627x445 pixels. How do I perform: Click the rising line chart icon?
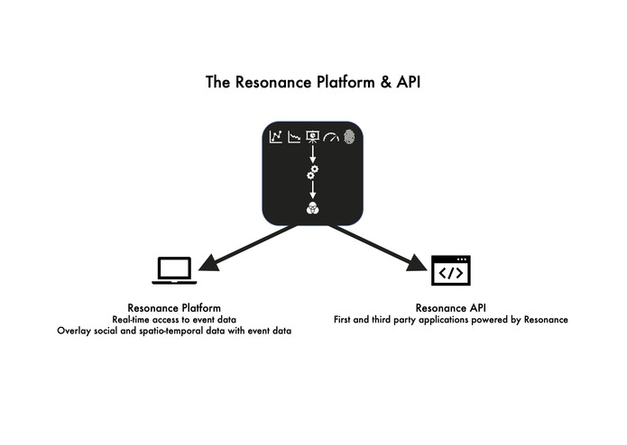click(276, 137)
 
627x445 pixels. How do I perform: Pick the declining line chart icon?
click(294, 137)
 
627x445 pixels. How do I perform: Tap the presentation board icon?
click(313, 137)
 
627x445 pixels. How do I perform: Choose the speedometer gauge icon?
click(331, 138)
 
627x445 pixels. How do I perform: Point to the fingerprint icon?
click(349, 137)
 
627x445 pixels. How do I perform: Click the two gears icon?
click(313, 171)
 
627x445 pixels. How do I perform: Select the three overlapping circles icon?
click(313, 208)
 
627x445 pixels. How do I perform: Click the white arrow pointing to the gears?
click(313, 155)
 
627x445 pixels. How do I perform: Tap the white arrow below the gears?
click(313, 189)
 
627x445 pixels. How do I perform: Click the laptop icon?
click(174, 270)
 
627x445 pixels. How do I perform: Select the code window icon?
click(451, 270)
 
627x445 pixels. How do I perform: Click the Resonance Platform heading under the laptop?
click(174, 308)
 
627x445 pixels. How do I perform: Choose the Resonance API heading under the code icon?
click(451, 308)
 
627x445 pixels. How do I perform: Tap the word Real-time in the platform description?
click(133, 320)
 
